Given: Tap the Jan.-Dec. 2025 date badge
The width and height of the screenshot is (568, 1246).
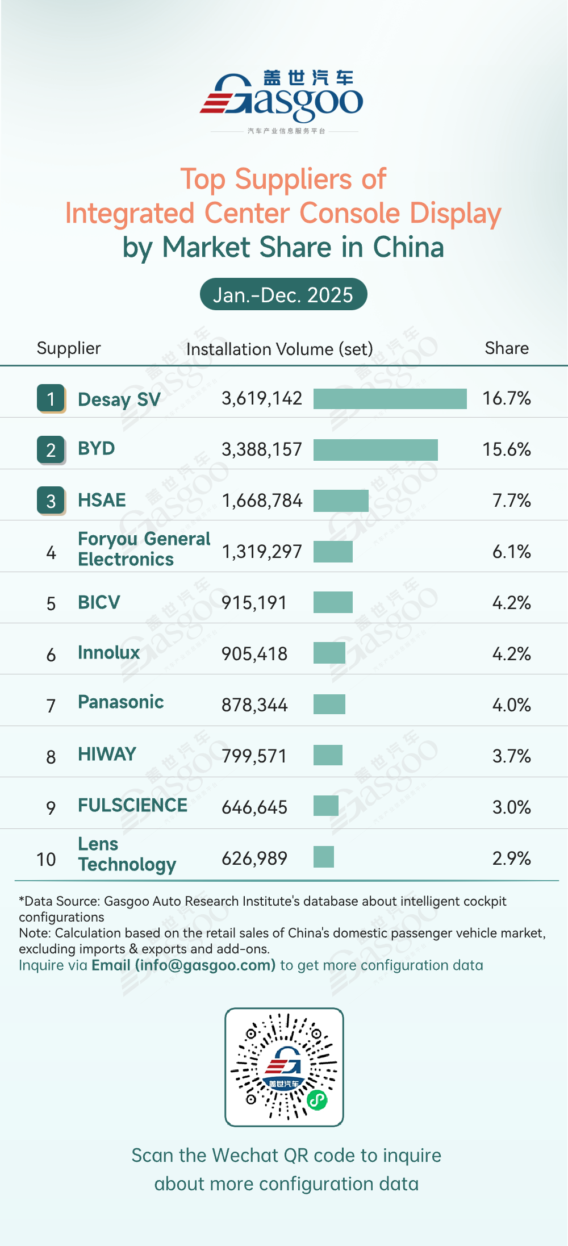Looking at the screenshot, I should pyautogui.click(x=283, y=294).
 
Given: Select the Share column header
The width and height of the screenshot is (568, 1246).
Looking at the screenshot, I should pyautogui.click(x=507, y=348).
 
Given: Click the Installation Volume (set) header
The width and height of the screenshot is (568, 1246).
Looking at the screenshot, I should pyautogui.click(x=279, y=349).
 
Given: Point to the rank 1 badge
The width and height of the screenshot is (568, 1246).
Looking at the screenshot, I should pyautogui.click(x=51, y=398).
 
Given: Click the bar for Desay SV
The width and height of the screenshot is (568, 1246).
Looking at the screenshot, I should pyautogui.click(x=390, y=398).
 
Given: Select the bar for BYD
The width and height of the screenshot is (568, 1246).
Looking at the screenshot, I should pyautogui.click(x=375, y=449).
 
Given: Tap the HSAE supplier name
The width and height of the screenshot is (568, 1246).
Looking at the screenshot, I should pyautogui.click(x=102, y=500).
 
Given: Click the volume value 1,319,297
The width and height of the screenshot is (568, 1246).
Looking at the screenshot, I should pyautogui.click(x=262, y=551).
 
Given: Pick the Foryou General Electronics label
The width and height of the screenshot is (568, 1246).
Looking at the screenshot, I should pyautogui.click(x=144, y=549).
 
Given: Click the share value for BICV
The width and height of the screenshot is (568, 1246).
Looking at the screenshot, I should pyautogui.click(x=511, y=602).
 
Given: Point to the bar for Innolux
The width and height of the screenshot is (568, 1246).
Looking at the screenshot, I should pyautogui.click(x=329, y=653).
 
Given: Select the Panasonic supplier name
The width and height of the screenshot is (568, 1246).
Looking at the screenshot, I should pyautogui.click(x=120, y=702).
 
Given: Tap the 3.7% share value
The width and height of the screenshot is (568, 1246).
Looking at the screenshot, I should pyautogui.click(x=511, y=756).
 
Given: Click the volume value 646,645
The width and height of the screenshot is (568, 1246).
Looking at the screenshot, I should pyautogui.click(x=254, y=807).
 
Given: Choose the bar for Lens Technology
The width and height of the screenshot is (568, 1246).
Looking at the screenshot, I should pyautogui.click(x=324, y=857).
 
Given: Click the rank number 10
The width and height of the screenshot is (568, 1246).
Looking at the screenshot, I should pyautogui.click(x=46, y=859).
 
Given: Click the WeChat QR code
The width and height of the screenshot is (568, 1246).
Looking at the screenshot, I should pyautogui.click(x=284, y=1067).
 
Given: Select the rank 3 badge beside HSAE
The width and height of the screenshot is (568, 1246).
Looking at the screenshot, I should pyautogui.click(x=51, y=501).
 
